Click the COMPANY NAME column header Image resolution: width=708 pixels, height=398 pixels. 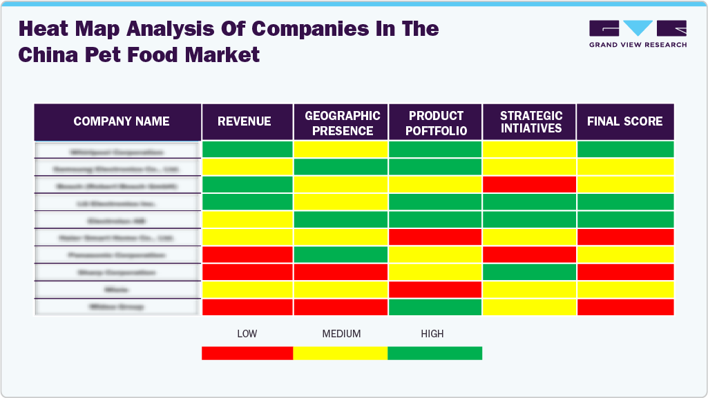[x=122, y=122]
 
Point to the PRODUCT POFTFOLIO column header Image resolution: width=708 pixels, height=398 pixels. [x=436, y=123]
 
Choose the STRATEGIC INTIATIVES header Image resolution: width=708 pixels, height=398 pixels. [x=531, y=122]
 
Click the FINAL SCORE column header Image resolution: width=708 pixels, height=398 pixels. [x=624, y=122]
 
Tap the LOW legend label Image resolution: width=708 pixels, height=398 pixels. [x=247, y=334]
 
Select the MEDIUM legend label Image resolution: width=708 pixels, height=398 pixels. [x=341, y=334]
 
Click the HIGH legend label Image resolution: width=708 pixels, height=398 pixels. [x=432, y=334]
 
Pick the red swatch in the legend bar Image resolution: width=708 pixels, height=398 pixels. [x=247, y=353]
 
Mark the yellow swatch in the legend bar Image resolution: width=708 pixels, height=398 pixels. [x=341, y=353]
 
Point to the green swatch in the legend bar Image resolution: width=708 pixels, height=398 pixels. [x=434, y=353]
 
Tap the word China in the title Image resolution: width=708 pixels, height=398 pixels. [x=47, y=54]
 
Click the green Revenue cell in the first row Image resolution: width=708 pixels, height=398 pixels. [x=247, y=149]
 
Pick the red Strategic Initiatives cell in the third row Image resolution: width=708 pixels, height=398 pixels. [x=529, y=184]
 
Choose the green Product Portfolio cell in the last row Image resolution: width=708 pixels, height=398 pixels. [x=435, y=307]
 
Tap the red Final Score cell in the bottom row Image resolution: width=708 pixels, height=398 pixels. [x=625, y=307]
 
